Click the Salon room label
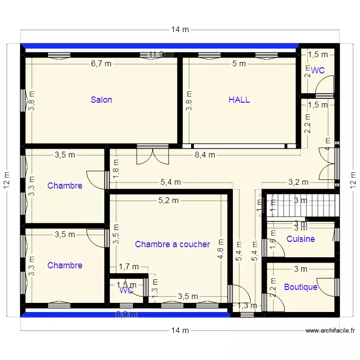coord(101,100)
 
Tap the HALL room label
coord(239,100)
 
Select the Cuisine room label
coord(300,239)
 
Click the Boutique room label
coord(300,287)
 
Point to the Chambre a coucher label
coord(172,244)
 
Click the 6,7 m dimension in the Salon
coord(101,63)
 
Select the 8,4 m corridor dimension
coord(204,155)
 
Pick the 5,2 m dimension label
coord(168,201)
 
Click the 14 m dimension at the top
coord(180,30)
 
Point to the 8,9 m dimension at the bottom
coord(127,315)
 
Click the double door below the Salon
coord(152,156)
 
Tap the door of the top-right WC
coord(323,86)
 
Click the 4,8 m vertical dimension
coord(220,250)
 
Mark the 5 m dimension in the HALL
coord(239,63)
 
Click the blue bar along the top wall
coord(158,46)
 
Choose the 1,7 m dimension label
coord(129,267)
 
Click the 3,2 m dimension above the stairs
coord(298,182)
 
